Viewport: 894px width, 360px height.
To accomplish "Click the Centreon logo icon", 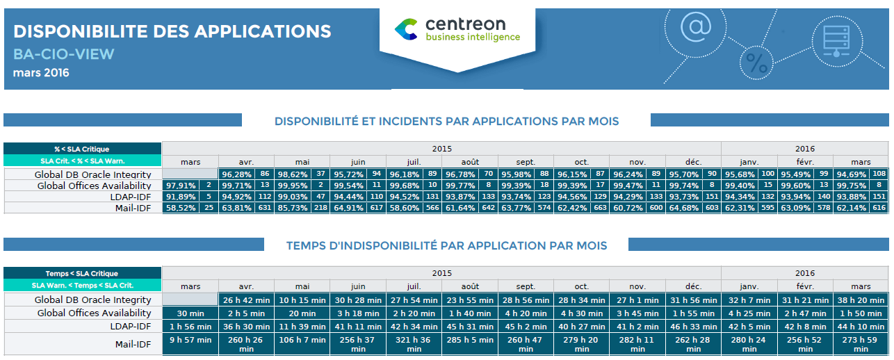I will [x=406, y=28].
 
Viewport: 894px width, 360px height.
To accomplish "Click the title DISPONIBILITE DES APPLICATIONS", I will [x=172, y=31].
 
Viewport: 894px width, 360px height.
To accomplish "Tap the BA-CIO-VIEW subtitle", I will [x=63, y=54].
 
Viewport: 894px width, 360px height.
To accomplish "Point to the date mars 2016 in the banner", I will [x=41, y=72].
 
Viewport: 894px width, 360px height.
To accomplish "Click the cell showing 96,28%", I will [x=236, y=174].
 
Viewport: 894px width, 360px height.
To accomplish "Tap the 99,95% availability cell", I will [x=292, y=186].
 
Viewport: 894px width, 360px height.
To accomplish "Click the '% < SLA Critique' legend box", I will [x=82, y=149].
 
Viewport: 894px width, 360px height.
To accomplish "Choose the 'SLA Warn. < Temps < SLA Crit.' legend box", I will [x=82, y=285].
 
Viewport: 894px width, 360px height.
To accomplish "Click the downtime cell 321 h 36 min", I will [x=414, y=344].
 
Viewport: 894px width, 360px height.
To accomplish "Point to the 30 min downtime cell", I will [x=190, y=313].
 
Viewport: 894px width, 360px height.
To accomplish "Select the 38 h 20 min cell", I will [x=861, y=300].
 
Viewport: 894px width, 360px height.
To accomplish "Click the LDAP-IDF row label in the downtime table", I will [x=131, y=326].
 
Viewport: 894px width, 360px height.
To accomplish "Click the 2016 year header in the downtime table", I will [x=805, y=273].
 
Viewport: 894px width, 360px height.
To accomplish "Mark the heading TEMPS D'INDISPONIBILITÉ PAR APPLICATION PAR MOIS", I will [x=446, y=245].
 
